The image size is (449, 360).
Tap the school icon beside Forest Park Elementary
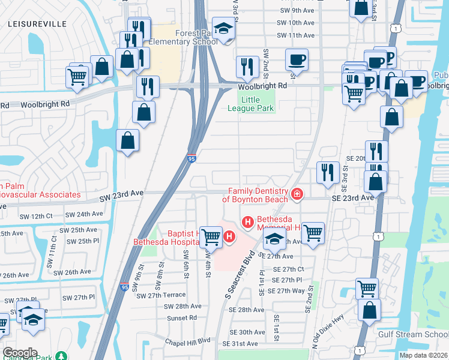tap(223, 29)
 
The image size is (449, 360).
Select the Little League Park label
tap(251, 104)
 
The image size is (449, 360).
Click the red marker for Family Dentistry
tap(296, 194)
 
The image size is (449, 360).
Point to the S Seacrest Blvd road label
tap(237, 274)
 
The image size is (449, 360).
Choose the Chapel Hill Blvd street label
tap(188, 340)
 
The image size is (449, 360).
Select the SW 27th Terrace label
tap(161, 295)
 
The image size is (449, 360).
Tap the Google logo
tap(20, 353)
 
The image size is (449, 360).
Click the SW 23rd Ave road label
tap(122, 193)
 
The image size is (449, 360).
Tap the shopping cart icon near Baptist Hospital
tap(211, 237)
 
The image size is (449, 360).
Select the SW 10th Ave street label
tap(293, 23)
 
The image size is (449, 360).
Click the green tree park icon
tap(61, 356)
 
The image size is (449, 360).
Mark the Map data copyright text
tap(423, 355)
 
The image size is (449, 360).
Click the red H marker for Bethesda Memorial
tap(247, 223)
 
